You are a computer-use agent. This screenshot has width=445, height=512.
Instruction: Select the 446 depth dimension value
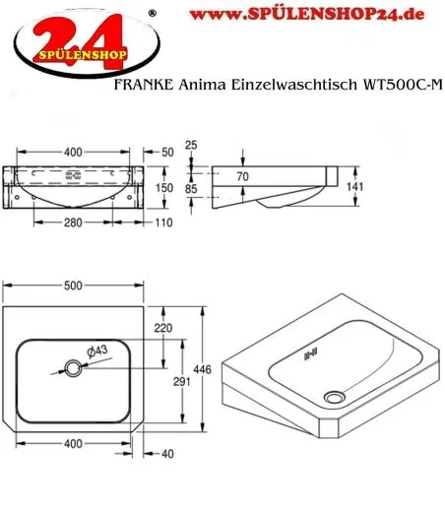point(216,369)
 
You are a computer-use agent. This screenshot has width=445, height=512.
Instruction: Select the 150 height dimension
point(166,187)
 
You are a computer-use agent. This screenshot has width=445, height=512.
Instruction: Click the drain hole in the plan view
point(73,368)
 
